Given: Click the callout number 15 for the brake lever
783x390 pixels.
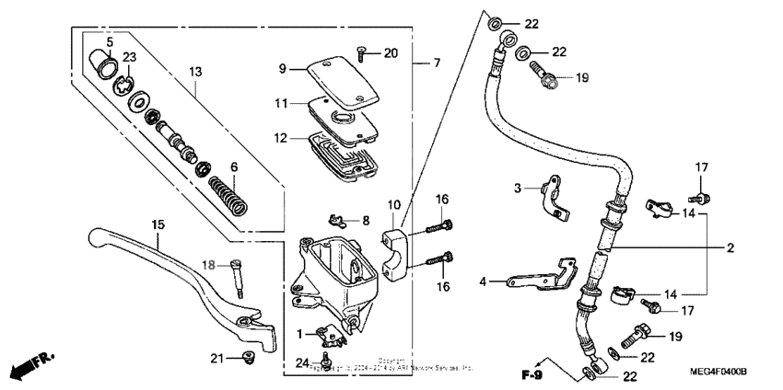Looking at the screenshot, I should (x=158, y=224).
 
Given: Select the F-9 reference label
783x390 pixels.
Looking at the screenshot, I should (x=532, y=374).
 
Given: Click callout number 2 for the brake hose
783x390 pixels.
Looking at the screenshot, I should (x=730, y=248).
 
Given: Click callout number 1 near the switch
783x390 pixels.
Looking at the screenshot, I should (x=298, y=332).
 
